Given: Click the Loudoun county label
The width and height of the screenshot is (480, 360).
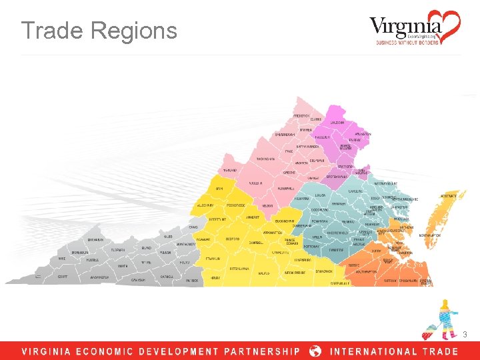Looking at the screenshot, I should [337, 123].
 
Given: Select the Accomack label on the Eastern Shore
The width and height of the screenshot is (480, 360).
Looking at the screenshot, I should [449, 196].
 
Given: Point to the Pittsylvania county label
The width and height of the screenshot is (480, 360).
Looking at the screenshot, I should [239, 268].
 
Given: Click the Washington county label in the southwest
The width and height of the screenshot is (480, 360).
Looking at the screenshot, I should [99, 277].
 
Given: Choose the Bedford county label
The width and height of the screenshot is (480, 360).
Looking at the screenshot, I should [233, 238].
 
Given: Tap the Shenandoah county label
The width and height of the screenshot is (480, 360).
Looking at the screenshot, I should [285, 135].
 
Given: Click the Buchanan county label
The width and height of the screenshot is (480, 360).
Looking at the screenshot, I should [95, 240].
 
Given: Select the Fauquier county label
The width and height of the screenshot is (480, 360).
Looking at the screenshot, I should [323, 137].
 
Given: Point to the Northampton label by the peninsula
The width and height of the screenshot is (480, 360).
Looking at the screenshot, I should [429, 235].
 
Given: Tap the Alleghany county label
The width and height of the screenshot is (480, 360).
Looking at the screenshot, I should [204, 205].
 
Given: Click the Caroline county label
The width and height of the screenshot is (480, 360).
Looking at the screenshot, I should [355, 191].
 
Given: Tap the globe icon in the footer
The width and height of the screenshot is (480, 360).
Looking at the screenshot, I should [316, 351].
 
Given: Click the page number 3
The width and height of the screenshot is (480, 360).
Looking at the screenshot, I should [465, 333].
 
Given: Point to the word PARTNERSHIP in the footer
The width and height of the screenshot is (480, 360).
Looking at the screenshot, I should [263, 351].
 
